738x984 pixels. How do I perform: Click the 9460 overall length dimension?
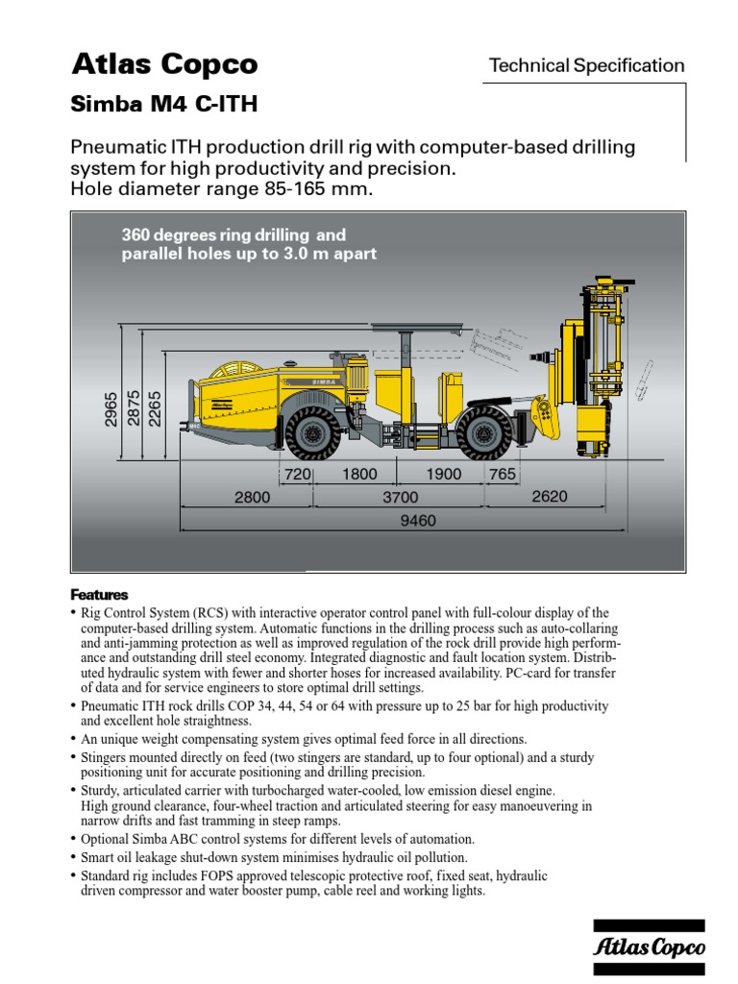tap(418, 522)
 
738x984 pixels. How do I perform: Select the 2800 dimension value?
tap(252, 498)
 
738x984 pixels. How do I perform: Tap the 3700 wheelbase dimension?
tap(400, 498)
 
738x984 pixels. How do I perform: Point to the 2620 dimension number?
tap(550, 497)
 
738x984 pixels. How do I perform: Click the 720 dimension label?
tap(297, 475)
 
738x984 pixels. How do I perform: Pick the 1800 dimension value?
tap(359, 475)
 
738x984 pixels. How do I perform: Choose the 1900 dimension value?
tap(443, 475)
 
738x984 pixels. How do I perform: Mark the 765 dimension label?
tap(502, 475)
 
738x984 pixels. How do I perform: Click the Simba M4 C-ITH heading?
tap(164, 105)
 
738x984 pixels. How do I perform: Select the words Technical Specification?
tap(586, 65)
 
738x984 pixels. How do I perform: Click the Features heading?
tap(99, 595)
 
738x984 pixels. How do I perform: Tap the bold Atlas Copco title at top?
tap(164, 64)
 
